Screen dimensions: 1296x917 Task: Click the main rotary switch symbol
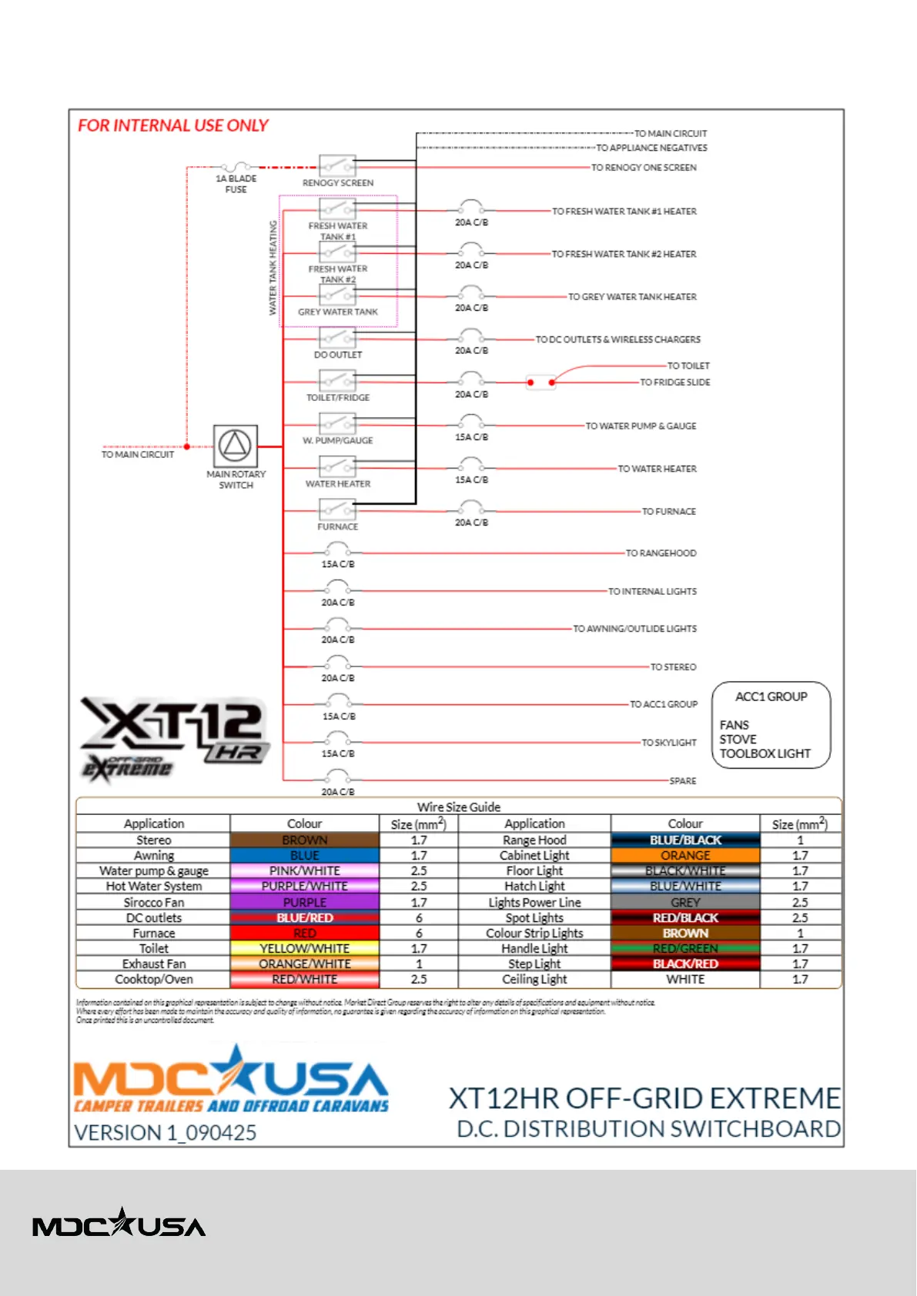tap(235, 446)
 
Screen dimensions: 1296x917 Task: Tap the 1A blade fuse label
tap(236, 184)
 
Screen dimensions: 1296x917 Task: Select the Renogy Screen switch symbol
tap(337, 166)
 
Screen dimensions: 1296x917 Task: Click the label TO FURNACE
tap(668, 511)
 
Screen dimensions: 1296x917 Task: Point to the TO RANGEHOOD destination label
tap(661, 553)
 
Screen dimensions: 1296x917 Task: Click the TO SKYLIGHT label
tap(668, 743)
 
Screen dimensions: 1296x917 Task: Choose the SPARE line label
tap(682, 780)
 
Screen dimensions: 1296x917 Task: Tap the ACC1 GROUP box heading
tap(771, 696)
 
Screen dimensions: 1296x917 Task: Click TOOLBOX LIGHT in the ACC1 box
tap(765, 753)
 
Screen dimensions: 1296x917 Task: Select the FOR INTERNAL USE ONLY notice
tap(173, 125)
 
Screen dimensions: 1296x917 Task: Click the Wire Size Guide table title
tap(459, 807)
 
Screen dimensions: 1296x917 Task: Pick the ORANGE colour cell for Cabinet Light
tap(685, 856)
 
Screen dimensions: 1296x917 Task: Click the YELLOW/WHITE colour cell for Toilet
tap(304, 949)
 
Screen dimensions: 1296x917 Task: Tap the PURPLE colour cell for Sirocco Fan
tap(304, 902)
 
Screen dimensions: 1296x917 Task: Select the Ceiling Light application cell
tap(534, 980)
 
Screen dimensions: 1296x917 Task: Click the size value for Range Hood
tap(800, 840)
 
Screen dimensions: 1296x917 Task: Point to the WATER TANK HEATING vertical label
tap(273, 268)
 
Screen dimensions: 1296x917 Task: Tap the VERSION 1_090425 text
tap(165, 1132)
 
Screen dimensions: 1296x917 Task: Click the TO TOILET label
tap(688, 366)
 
